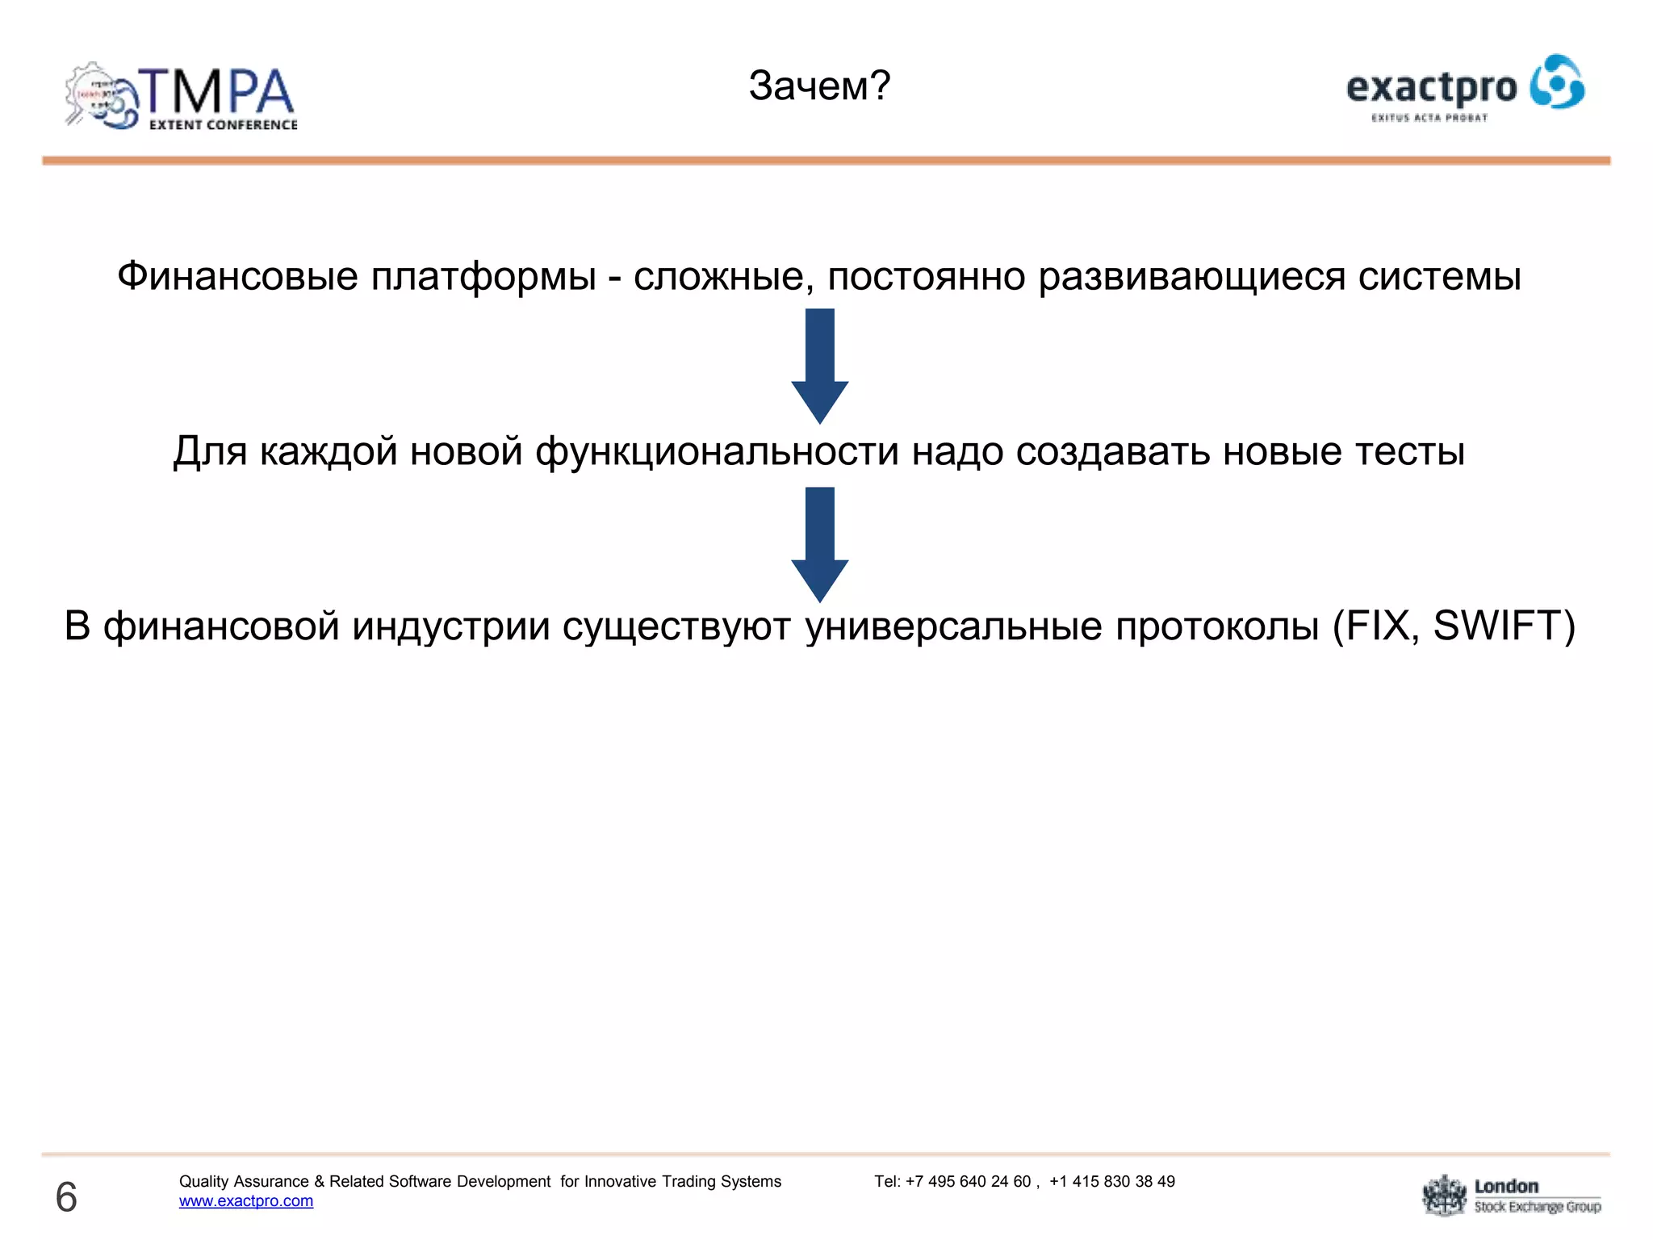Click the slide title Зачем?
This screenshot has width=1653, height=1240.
coord(818,86)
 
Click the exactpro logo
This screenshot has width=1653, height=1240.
coord(1464,88)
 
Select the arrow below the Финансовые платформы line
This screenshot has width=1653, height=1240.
coord(819,365)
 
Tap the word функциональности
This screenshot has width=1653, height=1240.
coord(717,451)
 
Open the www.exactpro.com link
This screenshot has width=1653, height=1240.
coord(246,1200)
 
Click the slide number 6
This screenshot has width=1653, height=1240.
coord(66,1196)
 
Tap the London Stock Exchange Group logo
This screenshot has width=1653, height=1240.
coord(1511,1196)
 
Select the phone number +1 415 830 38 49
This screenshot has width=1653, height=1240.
coord(1111,1181)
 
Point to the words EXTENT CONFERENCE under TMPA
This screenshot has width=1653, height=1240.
coord(223,125)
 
